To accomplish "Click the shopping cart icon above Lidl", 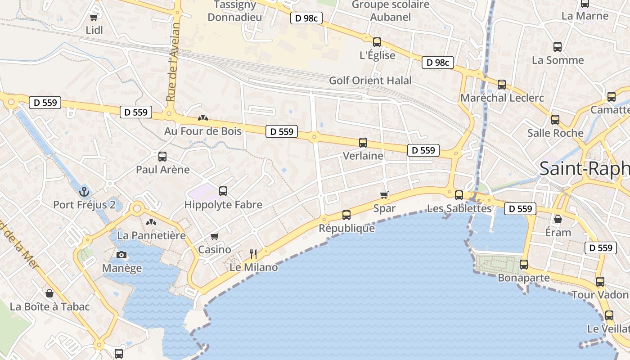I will pyautogui.click(x=94, y=17).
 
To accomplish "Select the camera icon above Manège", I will pyautogui.click(x=121, y=255).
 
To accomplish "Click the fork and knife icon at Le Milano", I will pyautogui.click(x=253, y=254).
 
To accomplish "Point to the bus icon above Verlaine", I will pyautogui.click(x=363, y=143).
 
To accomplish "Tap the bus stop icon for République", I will pyautogui.click(x=346, y=215).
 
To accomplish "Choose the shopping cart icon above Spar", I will pyautogui.click(x=384, y=195).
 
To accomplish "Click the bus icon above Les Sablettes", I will pyautogui.click(x=459, y=195).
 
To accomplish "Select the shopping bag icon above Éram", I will pyautogui.click(x=558, y=219).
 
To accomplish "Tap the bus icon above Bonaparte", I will pyautogui.click(x=523, y=265).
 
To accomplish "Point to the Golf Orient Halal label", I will pyautogui.click(x=370, y=81).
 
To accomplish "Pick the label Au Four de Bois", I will pyautogui.click(x=203, y=131).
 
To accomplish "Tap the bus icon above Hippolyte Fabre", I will pyautogui.click(x=223, y=191).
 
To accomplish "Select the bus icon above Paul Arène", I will pyautogui.click(x=162, y=157).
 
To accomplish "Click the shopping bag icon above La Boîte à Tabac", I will pyautogui.click(x=49, y=293).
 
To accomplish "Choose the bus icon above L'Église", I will pyautogui.click(x=377, y=42).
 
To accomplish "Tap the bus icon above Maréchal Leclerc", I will pyautogui.click(x=502, y=85).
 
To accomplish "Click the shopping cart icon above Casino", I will pyautogui.click(x=215, y=236).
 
